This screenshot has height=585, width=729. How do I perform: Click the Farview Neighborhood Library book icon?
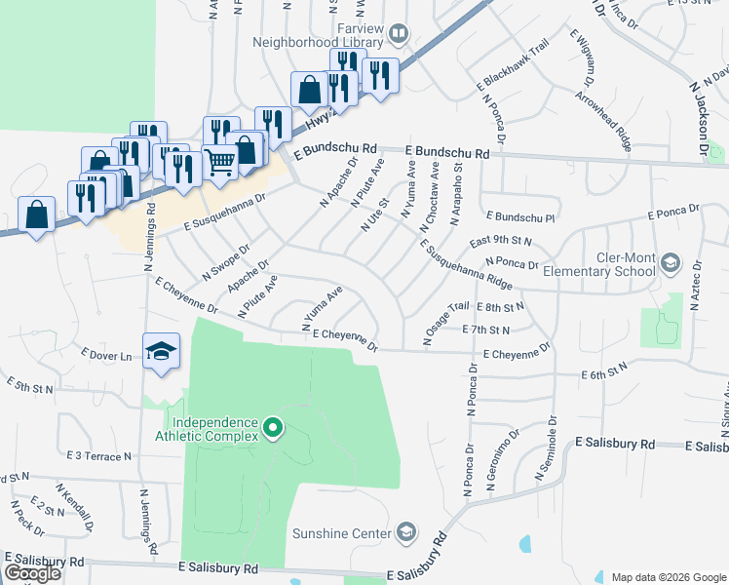(x=398, y=35)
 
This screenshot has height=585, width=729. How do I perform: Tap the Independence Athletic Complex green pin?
(x=273, y=427)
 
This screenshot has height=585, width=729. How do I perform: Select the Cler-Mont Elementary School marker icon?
(x=671, y=262)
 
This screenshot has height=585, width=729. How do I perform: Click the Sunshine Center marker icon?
(x=405, y=532)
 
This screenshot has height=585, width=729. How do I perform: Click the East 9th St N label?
(x=501, y=240)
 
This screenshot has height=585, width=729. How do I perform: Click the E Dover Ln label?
(x=106, y=355)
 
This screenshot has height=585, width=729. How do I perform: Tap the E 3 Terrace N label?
(x=99, y=455)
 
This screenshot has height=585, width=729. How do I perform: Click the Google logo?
(x=33, y=573)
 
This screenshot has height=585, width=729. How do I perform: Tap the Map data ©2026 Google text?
(x=668, y=577)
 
